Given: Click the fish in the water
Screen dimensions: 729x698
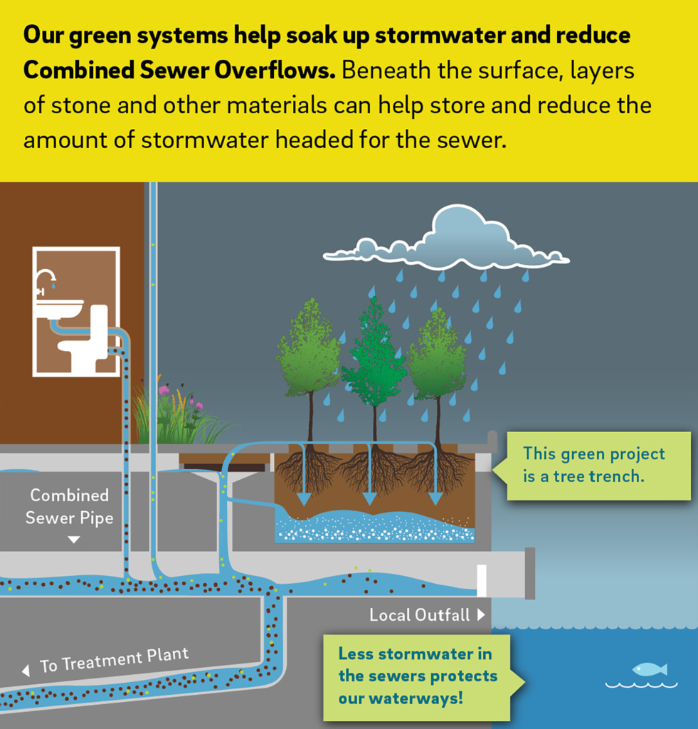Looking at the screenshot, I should [x=649, y=668].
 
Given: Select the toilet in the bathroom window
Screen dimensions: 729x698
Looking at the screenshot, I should [x=86, y=342].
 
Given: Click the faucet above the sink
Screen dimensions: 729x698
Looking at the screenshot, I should [x=45, y=279].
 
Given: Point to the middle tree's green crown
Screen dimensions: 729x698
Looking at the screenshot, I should [x=374, y=349].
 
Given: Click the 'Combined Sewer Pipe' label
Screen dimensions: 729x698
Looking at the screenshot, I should [x=69, y=506].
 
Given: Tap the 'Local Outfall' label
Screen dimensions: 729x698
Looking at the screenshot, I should [x=419, y=614].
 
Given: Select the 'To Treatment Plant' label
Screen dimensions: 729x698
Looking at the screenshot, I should [x=114, y=660].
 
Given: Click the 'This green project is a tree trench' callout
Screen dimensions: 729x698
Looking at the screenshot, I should [x=593, y=464].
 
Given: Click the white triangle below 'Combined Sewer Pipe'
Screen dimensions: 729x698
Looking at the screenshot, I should [x=73, y=540].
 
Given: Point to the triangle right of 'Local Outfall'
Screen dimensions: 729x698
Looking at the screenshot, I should [x=482, y=614].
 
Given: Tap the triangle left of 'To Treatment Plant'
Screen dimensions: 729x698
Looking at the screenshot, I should [x=26, y=671].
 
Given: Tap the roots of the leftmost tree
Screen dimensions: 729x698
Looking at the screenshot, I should [x=308, y=471].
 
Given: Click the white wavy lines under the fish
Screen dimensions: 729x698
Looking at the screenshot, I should [x=641, y=685].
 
